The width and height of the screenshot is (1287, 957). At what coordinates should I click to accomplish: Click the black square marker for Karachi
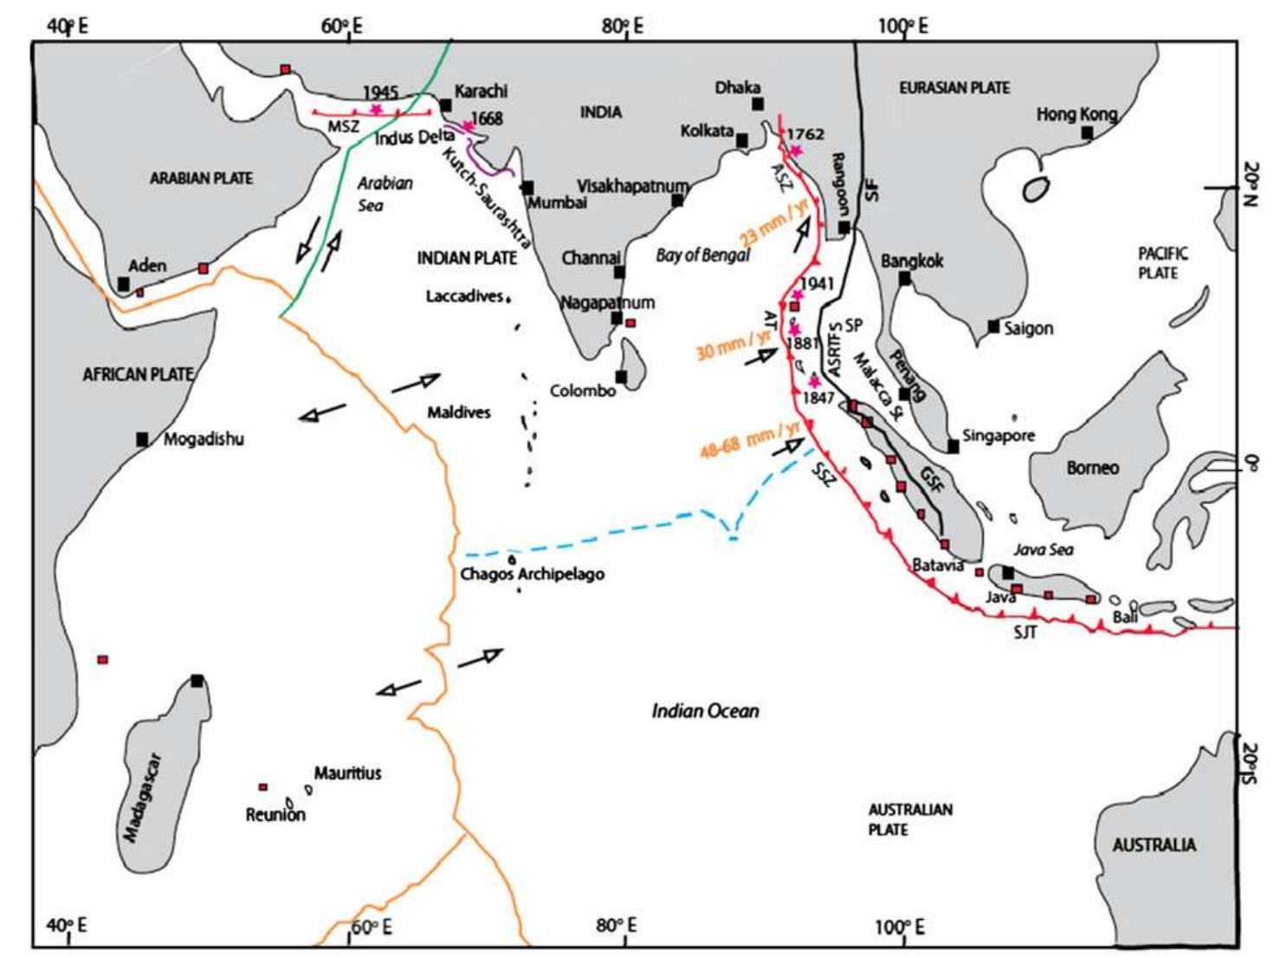pyautogui.click(x=445, y=106)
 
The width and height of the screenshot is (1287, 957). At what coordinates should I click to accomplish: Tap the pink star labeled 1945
pyautogui.click(x=376, y=109)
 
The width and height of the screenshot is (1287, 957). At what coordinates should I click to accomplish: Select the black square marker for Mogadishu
pyautogui.click(x=142, y=439)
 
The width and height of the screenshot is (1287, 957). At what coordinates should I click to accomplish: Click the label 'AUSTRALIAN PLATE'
pyautogui.click(x=910, y=819)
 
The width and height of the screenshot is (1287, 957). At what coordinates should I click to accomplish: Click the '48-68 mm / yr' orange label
pyautogui.click(x=750, y=439)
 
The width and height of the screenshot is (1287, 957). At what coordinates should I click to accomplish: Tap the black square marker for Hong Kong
pyautogui.click(x=1087, y=133)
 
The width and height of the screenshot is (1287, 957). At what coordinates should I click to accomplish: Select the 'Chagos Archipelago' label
pyautogui.click(x=532, y=574)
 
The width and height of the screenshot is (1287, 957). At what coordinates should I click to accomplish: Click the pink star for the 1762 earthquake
pyautogui.click(x=796, y=152)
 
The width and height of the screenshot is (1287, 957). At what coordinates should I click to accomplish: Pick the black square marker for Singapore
pyautogui.click(x=954, y=447)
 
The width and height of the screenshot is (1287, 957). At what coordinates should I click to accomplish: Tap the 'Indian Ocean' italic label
pyautogui.click(x=705, y=711)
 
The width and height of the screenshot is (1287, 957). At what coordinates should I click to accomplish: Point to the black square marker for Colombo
pyautogui.click(x=621, y=377)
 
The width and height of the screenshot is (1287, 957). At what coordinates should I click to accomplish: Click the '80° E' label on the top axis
pyautogui.click(x=623, y=27)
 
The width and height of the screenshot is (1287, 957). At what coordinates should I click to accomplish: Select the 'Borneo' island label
pyautogui.click(x=1092, y=468)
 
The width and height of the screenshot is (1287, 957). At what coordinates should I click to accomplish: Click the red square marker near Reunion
pyautogui.click(x=263, y=787)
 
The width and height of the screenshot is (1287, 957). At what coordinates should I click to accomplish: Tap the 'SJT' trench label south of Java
pyautogui.click(x=1025, y=632)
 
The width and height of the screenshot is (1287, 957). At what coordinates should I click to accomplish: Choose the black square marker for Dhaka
pyautogui.click(x=758, y=104)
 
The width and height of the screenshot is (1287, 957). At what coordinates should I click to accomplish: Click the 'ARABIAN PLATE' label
pyautogui.click(x=201, y=178)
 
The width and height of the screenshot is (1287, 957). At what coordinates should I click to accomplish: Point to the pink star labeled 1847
pyautogui.click(x=814, y=381)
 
